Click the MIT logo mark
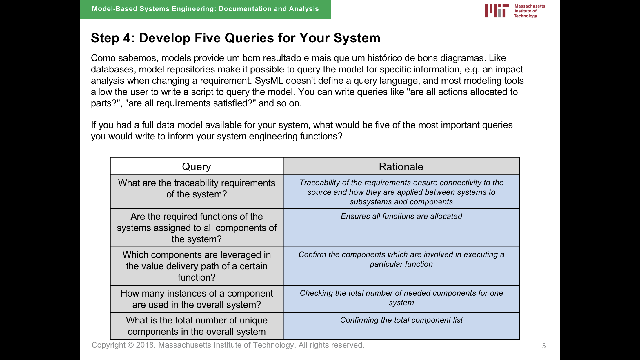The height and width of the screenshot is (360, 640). [497, 11]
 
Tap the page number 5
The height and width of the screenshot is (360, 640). [544, 346]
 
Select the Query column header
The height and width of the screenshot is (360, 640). [197, 167]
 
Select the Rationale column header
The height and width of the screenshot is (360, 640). [401, 167]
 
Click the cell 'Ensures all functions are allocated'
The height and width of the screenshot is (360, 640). [401, 216]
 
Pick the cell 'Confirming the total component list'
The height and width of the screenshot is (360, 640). [401, 320]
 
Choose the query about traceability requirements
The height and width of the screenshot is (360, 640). [197, 188]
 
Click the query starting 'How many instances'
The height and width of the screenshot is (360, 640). [197, 299]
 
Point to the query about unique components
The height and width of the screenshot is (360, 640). [197, 326]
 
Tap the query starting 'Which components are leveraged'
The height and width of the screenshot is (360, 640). [197, 266]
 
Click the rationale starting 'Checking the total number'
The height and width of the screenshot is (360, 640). [401, 298]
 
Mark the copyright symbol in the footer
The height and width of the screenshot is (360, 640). [131, 345]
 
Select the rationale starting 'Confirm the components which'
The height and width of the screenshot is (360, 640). [401, 259]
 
